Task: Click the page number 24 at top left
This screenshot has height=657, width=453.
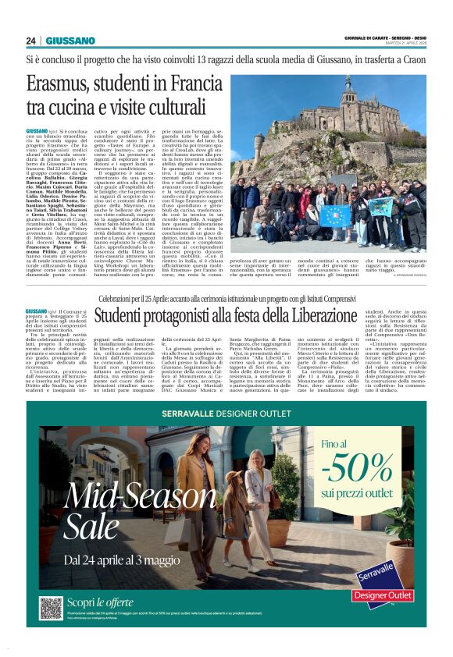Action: pyautogui.click(x=30, y=41)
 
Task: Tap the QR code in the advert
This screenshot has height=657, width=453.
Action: pyautogui.click(x=51, y=608)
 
